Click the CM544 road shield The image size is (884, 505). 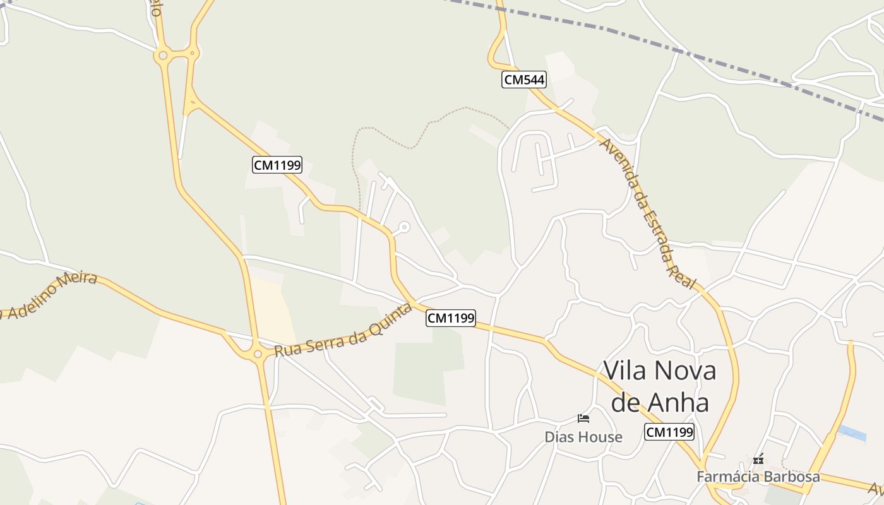[524, 79]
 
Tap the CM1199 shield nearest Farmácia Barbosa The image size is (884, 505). [669, 432]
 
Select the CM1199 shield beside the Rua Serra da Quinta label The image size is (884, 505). [451, 318]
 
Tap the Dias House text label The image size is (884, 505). [583, 437]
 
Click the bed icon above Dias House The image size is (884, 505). [583, 419]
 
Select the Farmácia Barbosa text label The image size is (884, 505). [758, 477]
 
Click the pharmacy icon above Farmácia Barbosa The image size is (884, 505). [758, 460]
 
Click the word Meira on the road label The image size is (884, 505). [77, 285]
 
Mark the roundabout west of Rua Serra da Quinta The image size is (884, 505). [258, 353]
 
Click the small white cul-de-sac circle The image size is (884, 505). [404, 227]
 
